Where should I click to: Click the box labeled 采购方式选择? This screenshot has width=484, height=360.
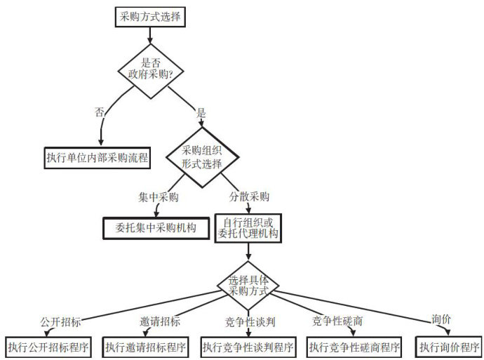point(150,17)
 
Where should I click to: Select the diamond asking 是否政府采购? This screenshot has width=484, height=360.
point(151,72)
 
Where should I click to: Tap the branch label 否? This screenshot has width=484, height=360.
point(99,112)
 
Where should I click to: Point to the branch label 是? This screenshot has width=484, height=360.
point(201,113)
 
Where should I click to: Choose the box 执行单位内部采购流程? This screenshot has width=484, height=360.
point(98,158)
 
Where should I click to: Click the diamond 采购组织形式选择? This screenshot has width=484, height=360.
point(202,157)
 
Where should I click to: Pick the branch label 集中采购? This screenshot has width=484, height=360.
point(159,197)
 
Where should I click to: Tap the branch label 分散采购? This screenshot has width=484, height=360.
point(249,196)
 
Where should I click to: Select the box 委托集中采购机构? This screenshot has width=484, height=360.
point(156,228)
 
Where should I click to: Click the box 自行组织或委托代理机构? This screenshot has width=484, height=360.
point(248,228)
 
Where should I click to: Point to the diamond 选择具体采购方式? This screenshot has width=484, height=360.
point(248,286)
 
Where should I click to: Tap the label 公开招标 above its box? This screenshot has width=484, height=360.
point(60,321)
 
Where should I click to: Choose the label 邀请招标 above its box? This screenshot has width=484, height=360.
point(160,321)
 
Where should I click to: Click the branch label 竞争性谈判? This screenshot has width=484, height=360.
point(250,321)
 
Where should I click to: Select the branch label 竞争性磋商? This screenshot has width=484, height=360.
point(337,321)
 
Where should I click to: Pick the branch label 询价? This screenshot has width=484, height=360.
point(441,319)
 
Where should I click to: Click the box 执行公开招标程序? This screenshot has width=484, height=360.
point(48,347)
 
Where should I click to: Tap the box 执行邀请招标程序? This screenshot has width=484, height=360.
point(145,347)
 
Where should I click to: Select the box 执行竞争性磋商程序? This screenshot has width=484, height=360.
point(354,347)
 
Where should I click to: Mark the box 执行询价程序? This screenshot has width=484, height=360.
point(449,347)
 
